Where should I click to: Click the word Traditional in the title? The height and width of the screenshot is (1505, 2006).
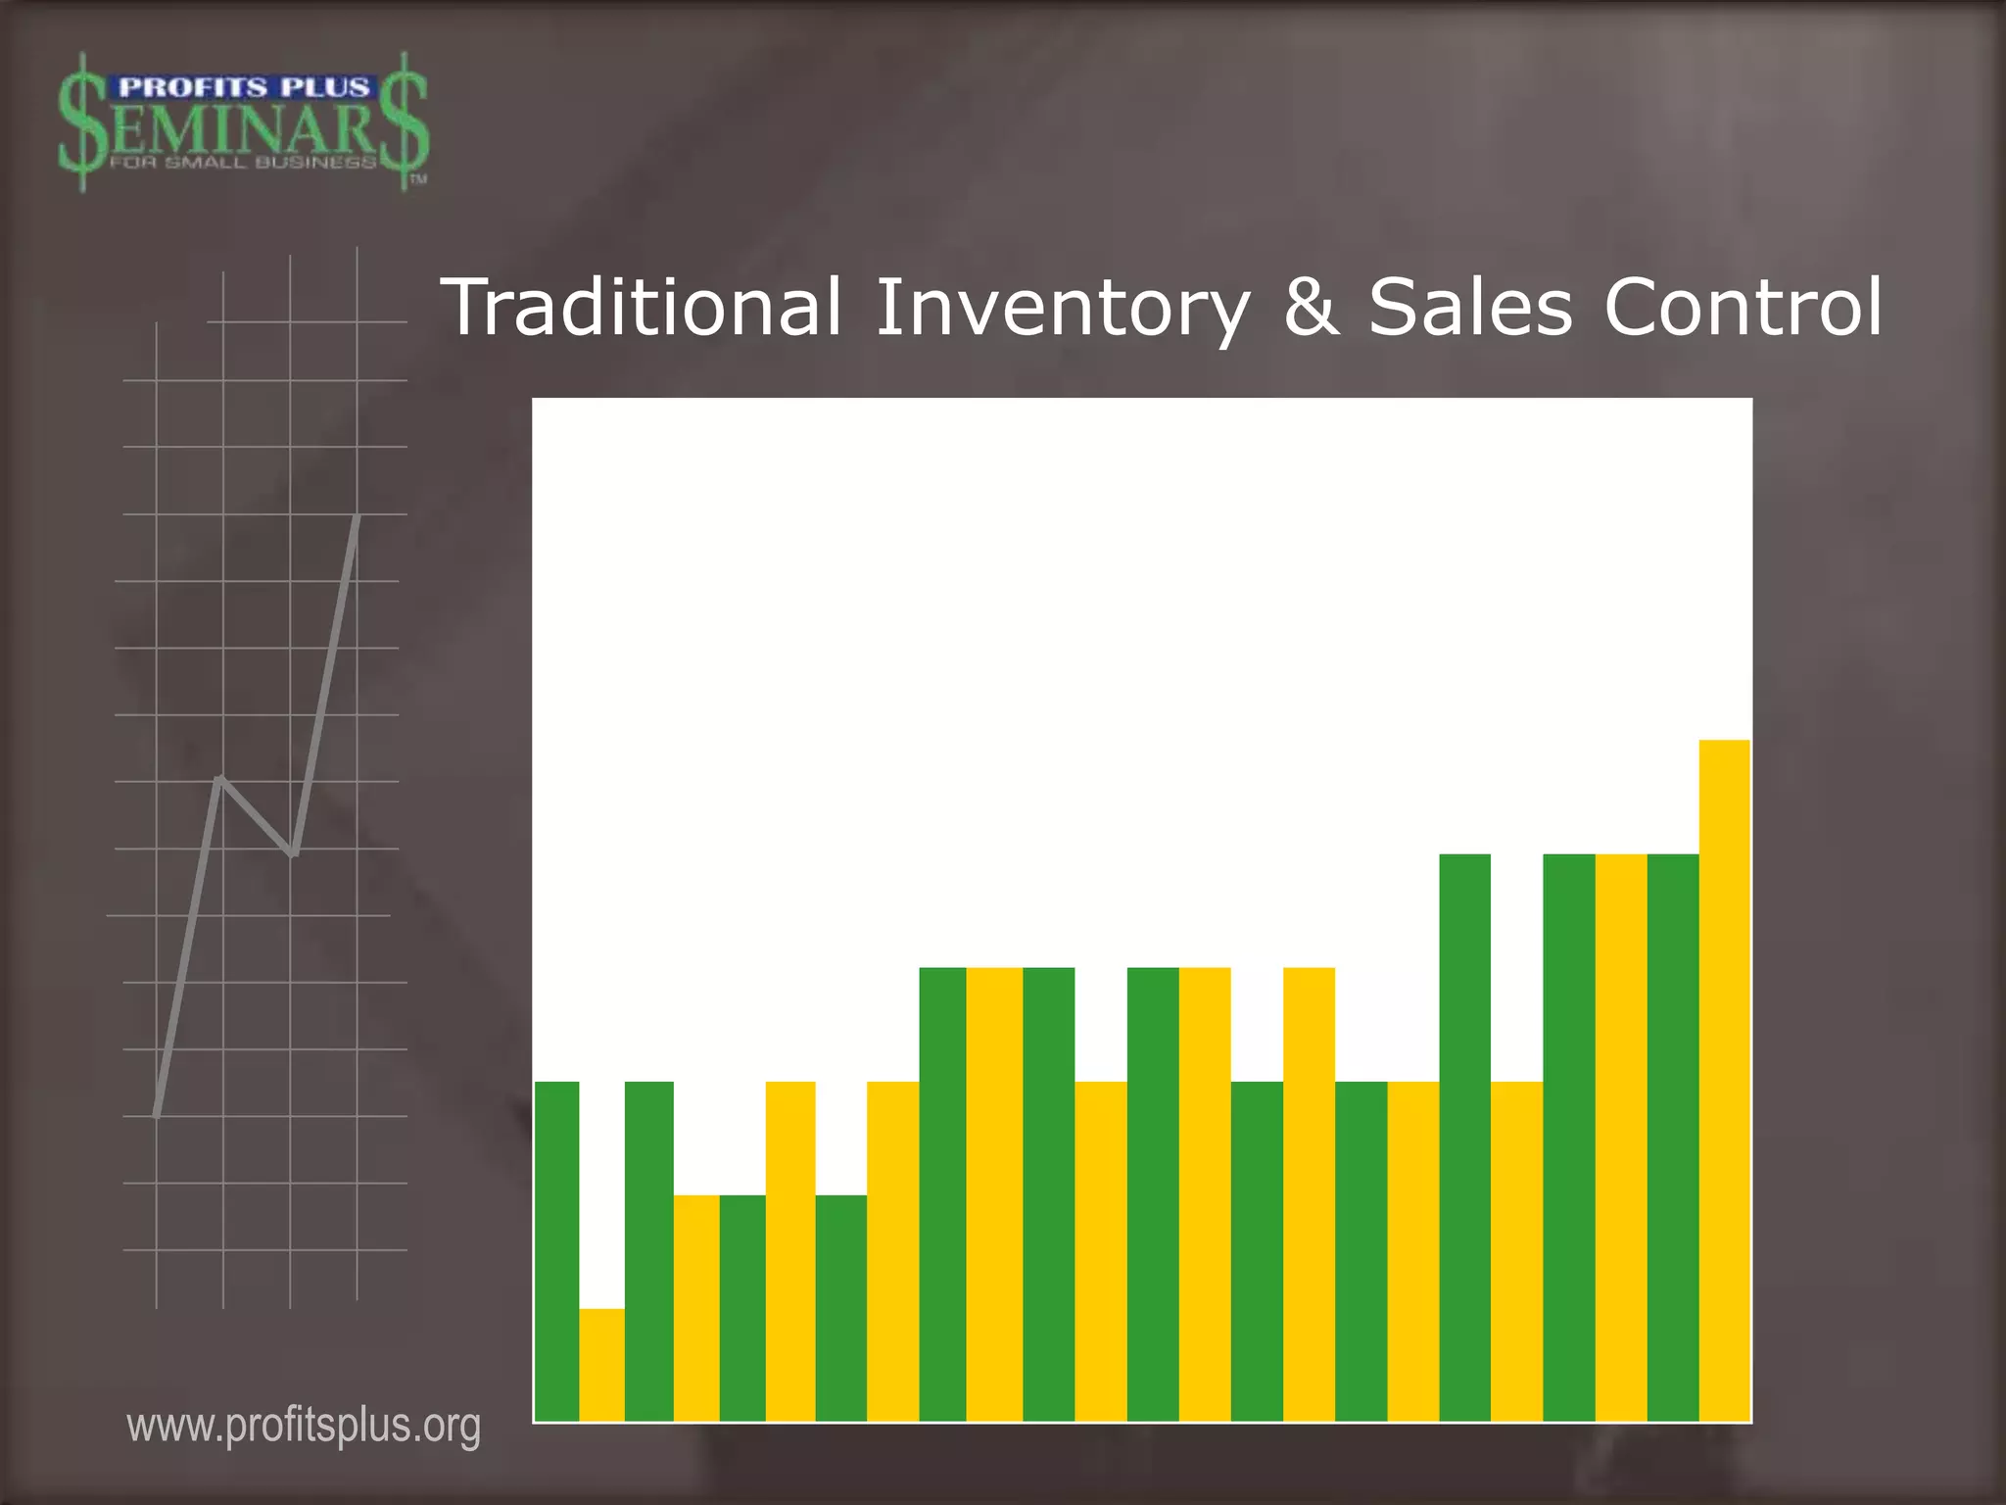(642, 307)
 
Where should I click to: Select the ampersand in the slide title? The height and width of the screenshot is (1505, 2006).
(1311, 307)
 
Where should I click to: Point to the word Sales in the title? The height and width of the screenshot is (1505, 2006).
(1469, 307)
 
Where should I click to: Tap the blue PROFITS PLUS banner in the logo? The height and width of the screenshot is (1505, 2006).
(243, 88)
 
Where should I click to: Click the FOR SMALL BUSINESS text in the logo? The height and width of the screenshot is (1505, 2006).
(243, 163)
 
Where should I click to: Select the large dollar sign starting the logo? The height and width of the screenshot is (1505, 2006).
(82, 122)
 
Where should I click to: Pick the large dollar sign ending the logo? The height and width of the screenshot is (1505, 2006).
(404, 122)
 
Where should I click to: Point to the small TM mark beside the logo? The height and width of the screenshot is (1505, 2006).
(418, 179)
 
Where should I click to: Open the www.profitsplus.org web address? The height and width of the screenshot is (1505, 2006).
(304, 1426)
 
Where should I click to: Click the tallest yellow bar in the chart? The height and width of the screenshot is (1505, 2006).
(1724, 1078)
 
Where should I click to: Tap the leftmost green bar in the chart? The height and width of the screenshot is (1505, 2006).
(556, 1250)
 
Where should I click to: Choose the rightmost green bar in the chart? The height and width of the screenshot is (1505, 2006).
(1672, 1137)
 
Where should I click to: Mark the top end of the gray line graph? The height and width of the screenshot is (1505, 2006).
(358, 516)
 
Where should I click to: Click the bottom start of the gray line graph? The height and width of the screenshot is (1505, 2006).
(157, 1114)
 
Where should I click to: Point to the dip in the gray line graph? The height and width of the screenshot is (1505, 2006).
(292, 852)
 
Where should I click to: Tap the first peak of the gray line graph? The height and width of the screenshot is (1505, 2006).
(222, 779)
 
